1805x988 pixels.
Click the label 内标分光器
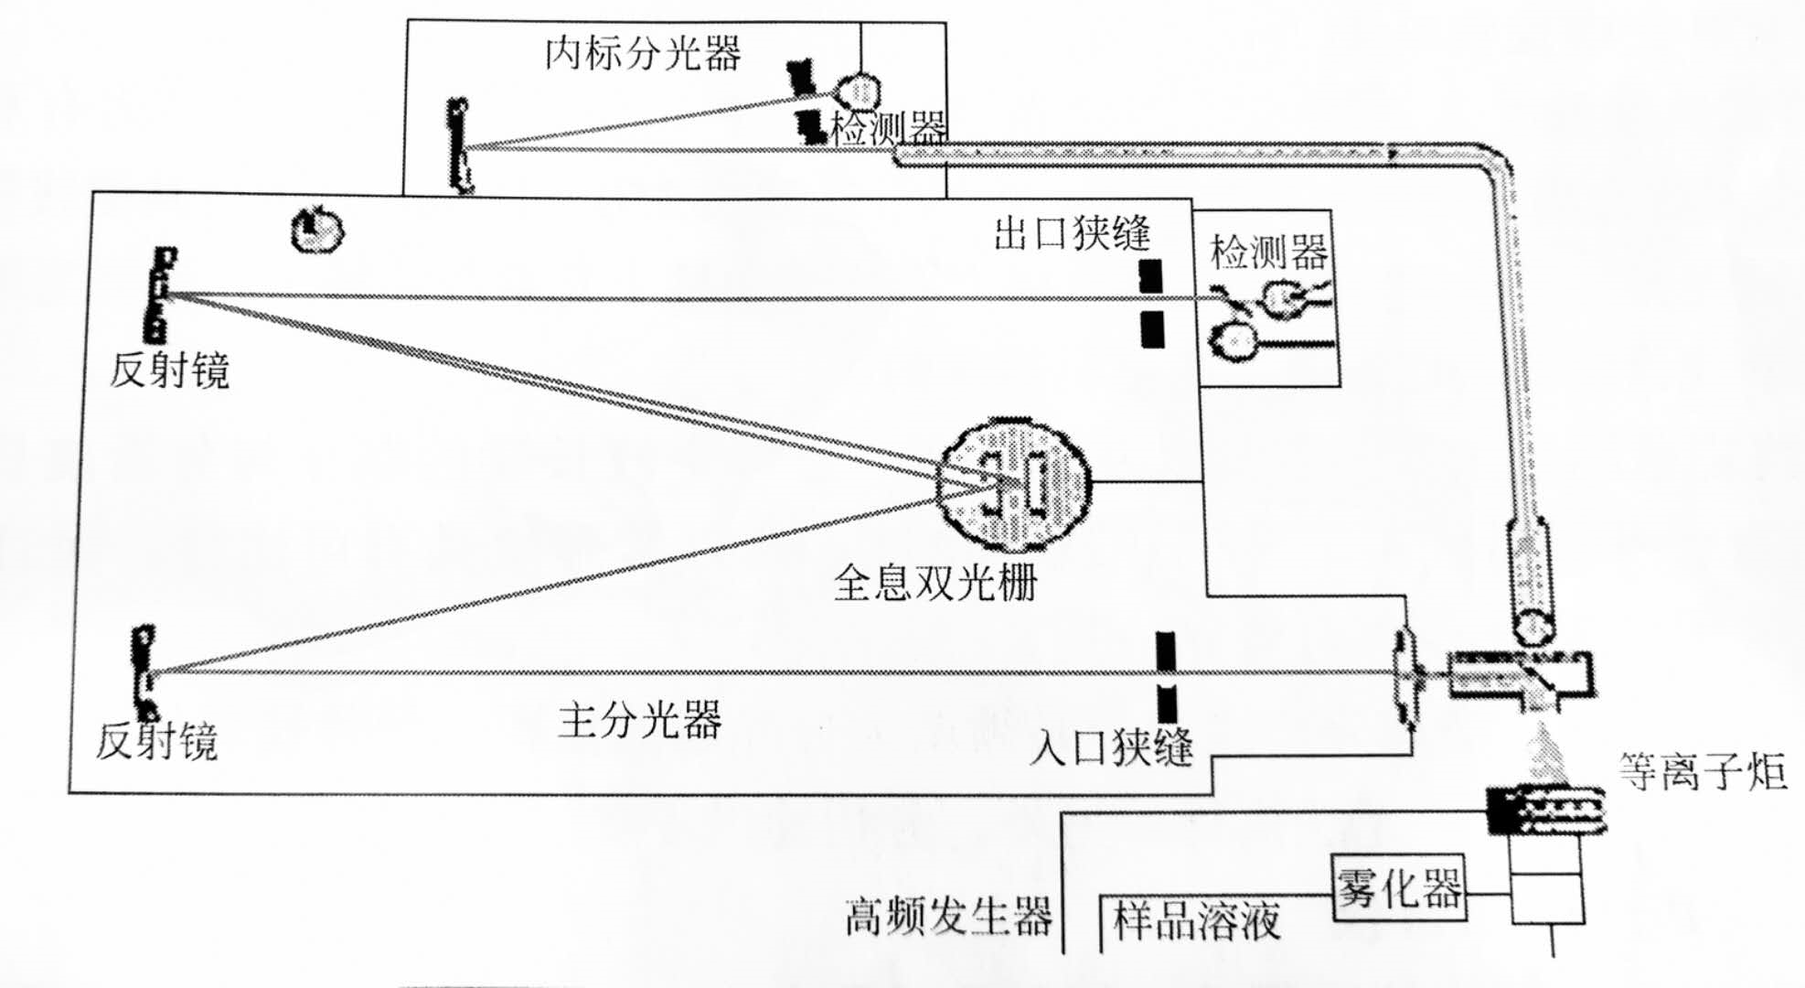(642, 53)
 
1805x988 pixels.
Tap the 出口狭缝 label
(1072, 233)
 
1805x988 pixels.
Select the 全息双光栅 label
(935, 582)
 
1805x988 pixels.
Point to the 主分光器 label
(640, 720)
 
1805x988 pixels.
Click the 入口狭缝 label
(1111, 747)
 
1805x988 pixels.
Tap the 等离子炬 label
(1703, 770)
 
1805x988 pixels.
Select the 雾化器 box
(1399, 887)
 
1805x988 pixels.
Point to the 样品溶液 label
(1196, 920)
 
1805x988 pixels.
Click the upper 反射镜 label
(170, 370)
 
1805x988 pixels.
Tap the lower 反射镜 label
(157, 741)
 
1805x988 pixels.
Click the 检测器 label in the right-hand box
(1268, 252)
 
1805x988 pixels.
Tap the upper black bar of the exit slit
(1150, 275)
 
